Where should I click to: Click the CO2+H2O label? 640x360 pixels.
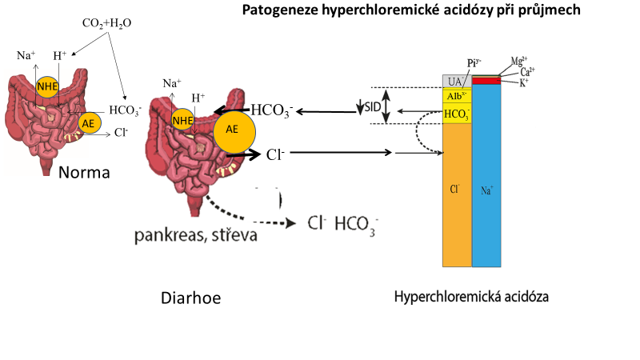click(x=106, y=22)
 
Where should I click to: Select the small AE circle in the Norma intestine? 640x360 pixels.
click(x=89, y=122)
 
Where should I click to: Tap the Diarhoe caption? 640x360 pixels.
click(x=190, y=298)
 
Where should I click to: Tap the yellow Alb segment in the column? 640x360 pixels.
click(x=457, y=96)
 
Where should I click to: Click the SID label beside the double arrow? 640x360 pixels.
click(x=372, y=106)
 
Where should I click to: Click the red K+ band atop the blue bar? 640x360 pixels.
click(x=486, y=81)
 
